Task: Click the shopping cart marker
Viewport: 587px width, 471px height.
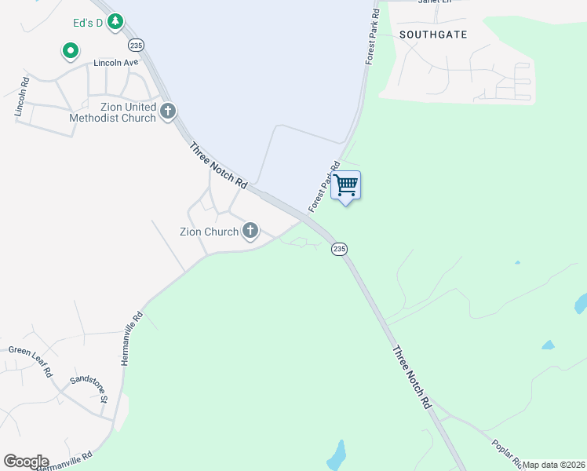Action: (x=346, y=186)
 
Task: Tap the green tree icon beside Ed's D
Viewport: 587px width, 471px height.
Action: (x=116, y=21)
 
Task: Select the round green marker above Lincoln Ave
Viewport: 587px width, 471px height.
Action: (x=71, y=52)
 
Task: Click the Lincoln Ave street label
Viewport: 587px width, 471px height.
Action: (x=115, y=62)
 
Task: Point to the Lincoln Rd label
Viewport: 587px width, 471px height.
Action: (x=22, y=97)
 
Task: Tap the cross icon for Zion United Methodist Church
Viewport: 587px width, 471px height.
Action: (x=167, y=112)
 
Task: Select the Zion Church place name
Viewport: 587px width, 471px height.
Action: (x=209, y=232)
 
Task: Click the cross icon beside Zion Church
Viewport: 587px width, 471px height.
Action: (x=250, y=231)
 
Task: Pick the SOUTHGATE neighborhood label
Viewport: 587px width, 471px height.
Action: (x=433, y=35)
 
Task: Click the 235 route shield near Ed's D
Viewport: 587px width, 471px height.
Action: (x=137, y=45)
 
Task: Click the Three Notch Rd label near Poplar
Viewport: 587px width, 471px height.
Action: (x=411, y=378)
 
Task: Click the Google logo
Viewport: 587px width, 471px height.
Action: (x=26, y=462)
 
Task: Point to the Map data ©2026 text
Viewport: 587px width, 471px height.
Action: (x=554, y=465)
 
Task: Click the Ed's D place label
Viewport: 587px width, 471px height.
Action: (x=89, y=23)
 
